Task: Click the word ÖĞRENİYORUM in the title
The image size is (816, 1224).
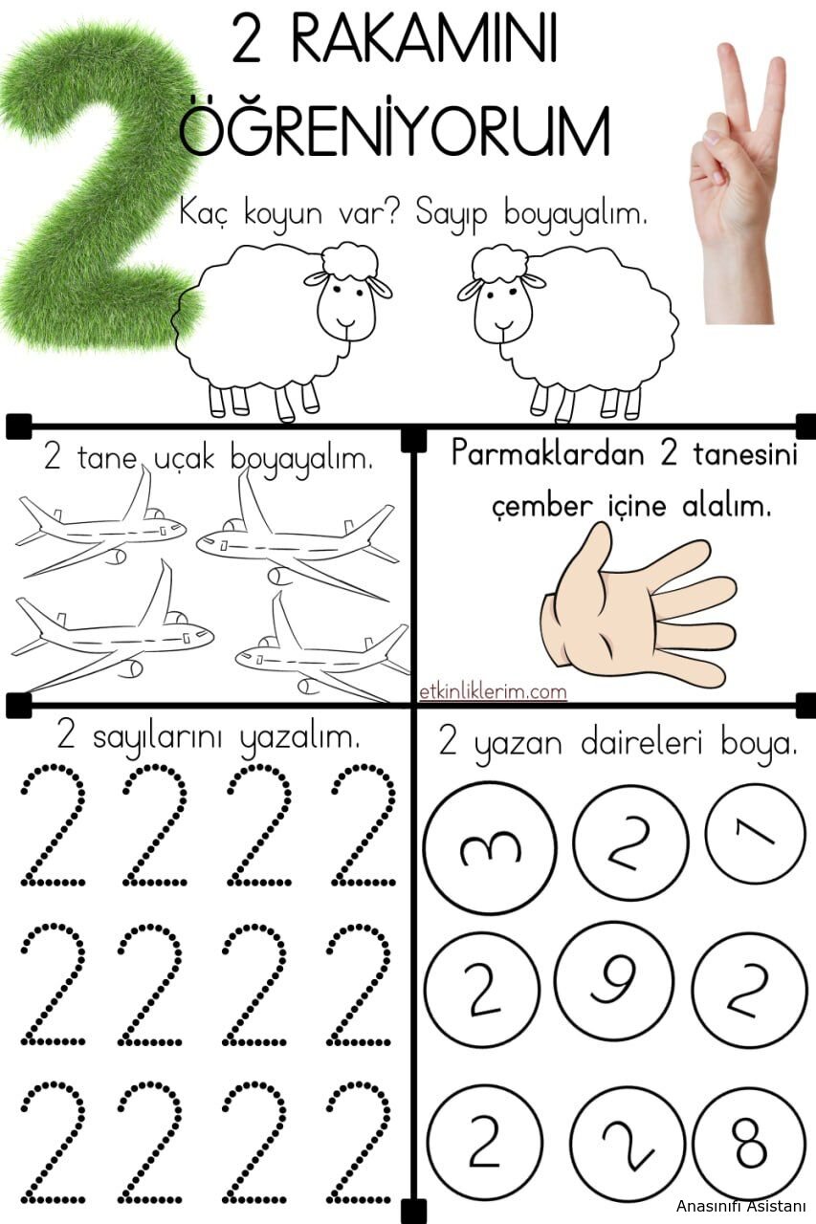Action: click(395, 131)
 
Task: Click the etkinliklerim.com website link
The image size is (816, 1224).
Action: click(493, 692)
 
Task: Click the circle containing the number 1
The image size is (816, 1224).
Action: click(756, 835)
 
